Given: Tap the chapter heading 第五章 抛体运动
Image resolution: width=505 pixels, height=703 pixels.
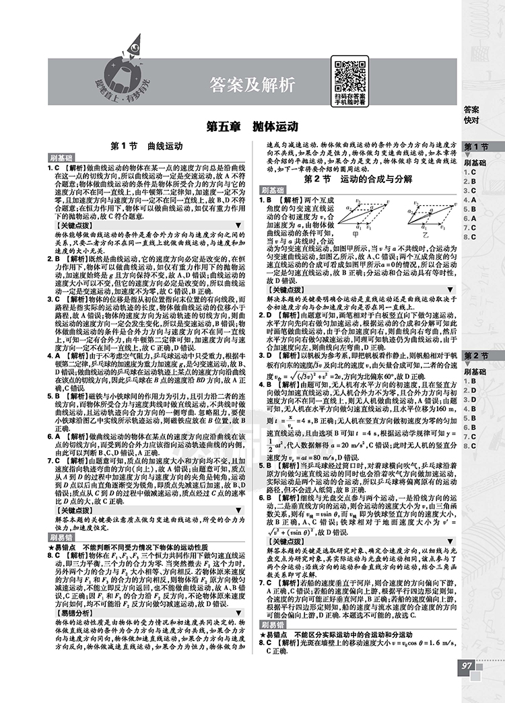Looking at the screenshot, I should (x=252, y=127).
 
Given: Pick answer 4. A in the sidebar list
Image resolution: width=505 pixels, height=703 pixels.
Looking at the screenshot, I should (x=469, y=200).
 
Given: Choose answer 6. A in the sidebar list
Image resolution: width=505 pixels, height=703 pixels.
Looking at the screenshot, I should (x=469, y=219).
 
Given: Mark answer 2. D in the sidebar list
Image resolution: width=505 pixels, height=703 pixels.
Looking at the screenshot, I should (x=469, y=390).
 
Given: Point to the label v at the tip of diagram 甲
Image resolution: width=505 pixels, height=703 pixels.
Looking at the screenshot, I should (x=392, y=200).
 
